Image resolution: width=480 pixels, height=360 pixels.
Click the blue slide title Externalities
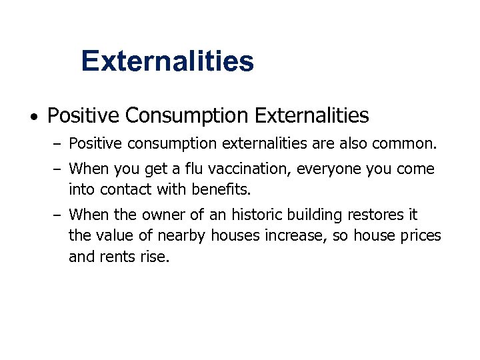[167, 61]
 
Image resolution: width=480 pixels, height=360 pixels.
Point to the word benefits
[219, 189]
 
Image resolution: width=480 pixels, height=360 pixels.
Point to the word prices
[419, 235]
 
